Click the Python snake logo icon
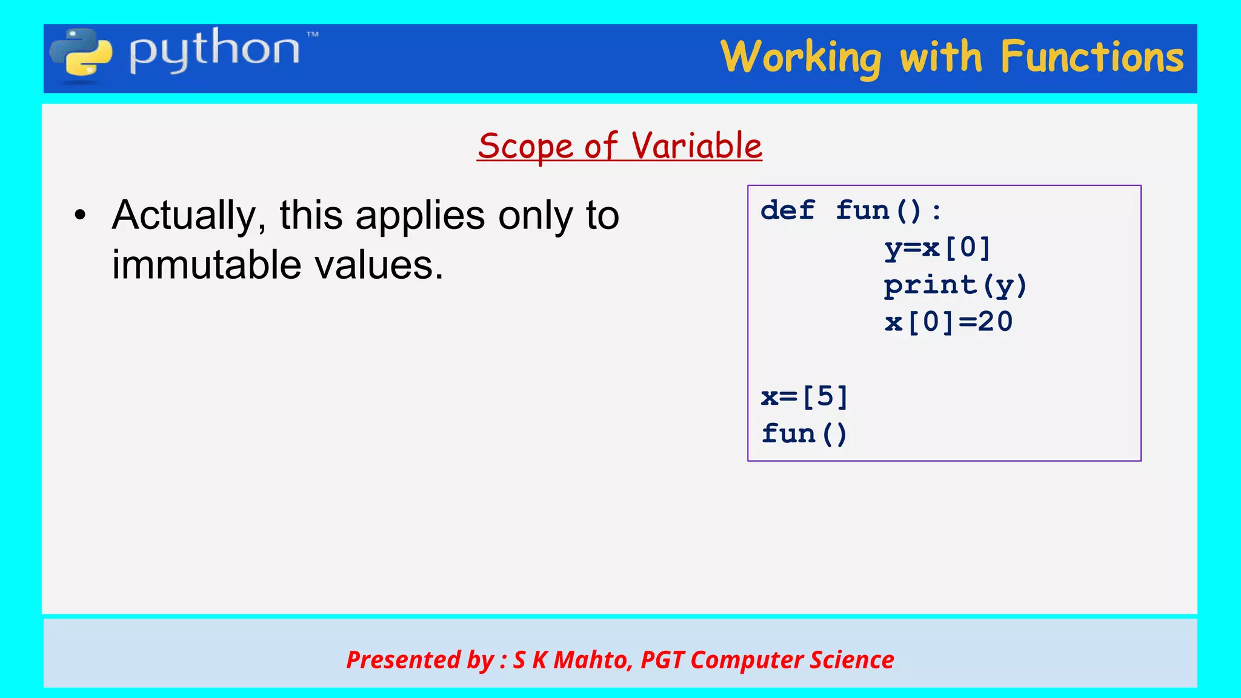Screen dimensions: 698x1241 pyautogui.click(x=81, y=55)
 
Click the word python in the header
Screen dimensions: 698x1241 pyautogui.click(x=214, y=51)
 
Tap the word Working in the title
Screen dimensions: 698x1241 pyautogui.click(x=800, y=58)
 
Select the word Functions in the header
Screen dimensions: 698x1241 pyautogui.click(x=1091, y=57)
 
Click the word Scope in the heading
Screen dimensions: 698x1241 pyautogui.click(x=525, y=147)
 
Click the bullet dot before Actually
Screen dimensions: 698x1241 pyautogui.click(x=80, y=216)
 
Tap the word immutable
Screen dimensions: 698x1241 pyautogui.click(x=207, y=265)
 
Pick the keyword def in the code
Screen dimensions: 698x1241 pyautogui.click(x=787, y=211)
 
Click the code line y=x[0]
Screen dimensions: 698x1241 pyautogui.click(x=937, y=248)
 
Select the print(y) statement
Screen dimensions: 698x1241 pyautogui.click(x=955, y=285)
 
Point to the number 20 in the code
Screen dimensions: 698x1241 pyautogui.click(x=995, y=322)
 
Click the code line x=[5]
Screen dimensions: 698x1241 pyautogui.click(x=804, y=397)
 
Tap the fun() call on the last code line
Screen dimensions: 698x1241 pyautogui.click(x=804, y=434)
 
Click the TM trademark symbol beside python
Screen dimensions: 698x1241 pyautogui.click(x=313, y=35)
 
